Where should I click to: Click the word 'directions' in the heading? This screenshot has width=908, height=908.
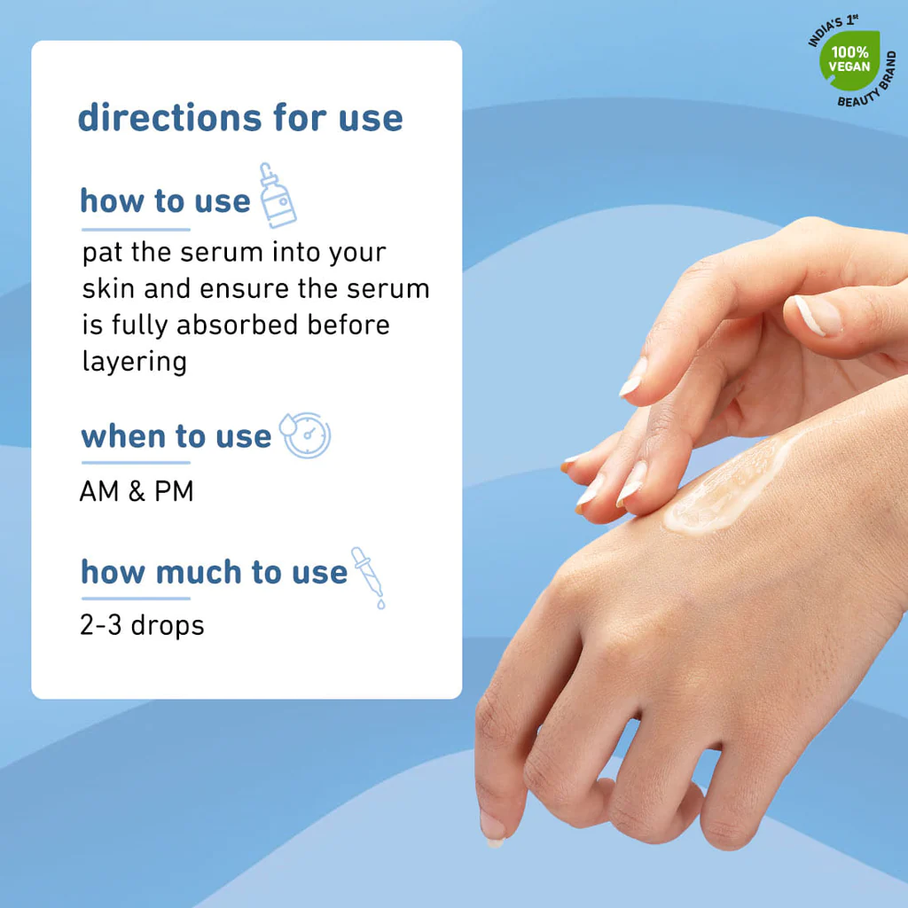click(169, 117)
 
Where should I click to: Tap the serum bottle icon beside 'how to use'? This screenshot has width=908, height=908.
click(278, 196)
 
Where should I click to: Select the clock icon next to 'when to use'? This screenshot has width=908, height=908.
click(305, 435)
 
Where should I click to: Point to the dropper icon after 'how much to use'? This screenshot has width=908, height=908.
click(368, 577)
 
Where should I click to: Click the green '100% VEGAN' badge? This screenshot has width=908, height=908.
click(849, 60)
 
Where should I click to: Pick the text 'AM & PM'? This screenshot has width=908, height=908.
click(137, 491)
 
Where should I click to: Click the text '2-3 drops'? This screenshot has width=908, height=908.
click(142, 625)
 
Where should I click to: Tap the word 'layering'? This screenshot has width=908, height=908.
click(135, 363)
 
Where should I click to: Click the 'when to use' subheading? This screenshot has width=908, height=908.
click(176, 436)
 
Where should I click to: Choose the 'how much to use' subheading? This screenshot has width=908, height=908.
click(215, 572)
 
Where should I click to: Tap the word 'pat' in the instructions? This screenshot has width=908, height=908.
click(103, 253)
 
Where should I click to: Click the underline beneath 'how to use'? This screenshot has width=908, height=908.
click(136, 230)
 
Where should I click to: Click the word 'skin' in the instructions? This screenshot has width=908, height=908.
click(108, 288)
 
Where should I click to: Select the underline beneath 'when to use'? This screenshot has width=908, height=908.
click(136, 463)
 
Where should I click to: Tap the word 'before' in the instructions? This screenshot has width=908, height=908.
click(348, 325)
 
